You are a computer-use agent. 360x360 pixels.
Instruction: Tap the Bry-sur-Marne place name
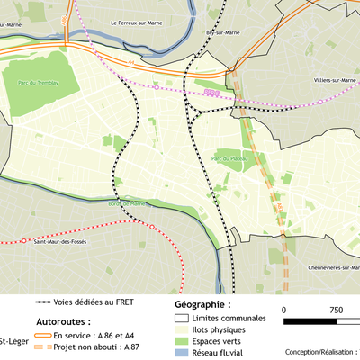221,32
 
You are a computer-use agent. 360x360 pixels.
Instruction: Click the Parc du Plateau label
229,158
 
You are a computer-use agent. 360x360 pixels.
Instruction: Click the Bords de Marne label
125,203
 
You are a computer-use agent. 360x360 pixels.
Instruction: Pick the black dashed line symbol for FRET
43,302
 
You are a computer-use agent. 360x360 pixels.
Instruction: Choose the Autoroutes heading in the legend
76,320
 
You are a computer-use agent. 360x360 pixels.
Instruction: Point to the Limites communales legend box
181,319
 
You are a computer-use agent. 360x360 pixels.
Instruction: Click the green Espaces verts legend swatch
181,342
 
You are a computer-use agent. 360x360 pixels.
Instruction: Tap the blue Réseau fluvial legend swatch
181,354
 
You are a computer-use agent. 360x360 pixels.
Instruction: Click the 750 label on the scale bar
337,310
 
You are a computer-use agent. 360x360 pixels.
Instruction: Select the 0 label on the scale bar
285,310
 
